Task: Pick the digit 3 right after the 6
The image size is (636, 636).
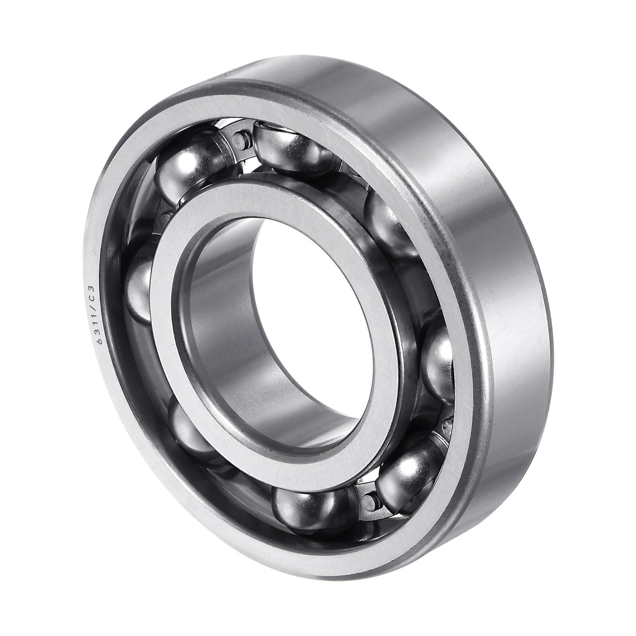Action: click(97, 332)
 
